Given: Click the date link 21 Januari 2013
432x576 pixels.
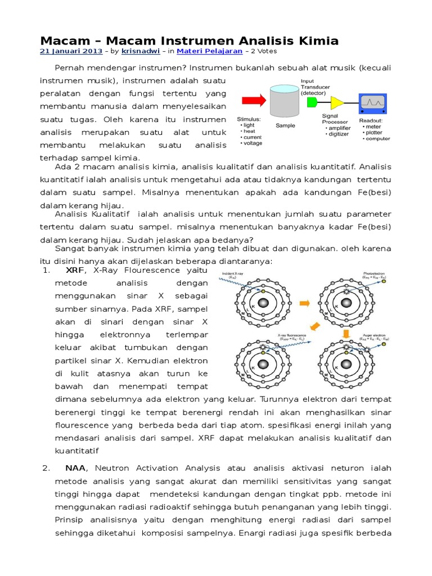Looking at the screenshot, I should (71, 51).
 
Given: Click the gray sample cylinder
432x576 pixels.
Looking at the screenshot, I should (285, 102).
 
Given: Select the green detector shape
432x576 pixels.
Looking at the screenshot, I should (313, 102).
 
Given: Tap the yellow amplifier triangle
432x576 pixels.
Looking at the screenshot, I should (336, 102).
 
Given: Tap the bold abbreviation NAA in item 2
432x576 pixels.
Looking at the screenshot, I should (75, 468).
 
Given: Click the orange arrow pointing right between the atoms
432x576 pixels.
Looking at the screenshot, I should (306, 303).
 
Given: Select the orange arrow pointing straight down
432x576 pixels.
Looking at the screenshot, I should (347, 334).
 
